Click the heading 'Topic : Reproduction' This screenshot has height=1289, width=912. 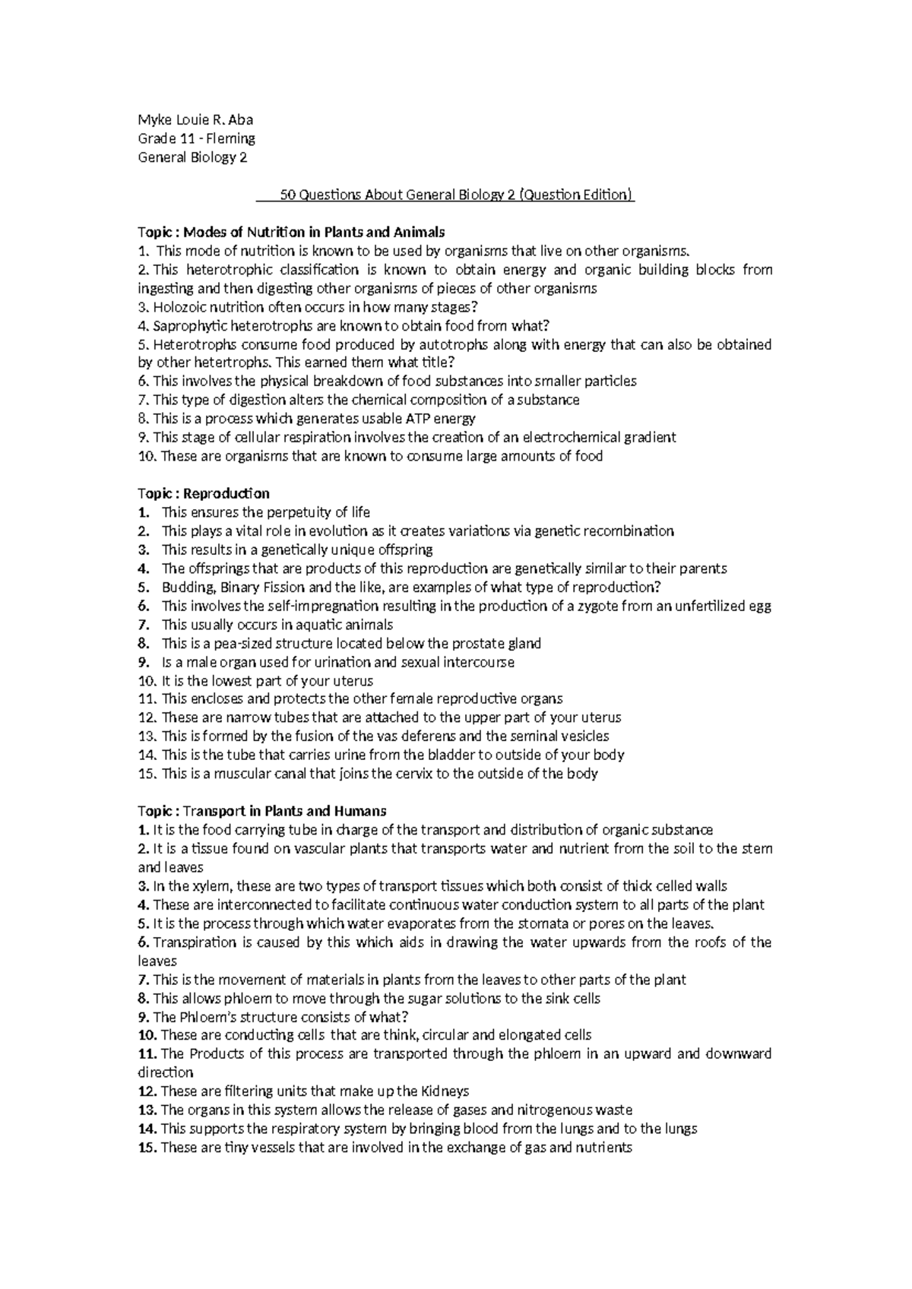click(203, 493)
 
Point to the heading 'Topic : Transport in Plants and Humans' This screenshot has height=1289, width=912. click(262, 811)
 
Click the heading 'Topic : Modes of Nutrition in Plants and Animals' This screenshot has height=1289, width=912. click(290, 232)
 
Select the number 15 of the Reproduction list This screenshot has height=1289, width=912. click(147, 774)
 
